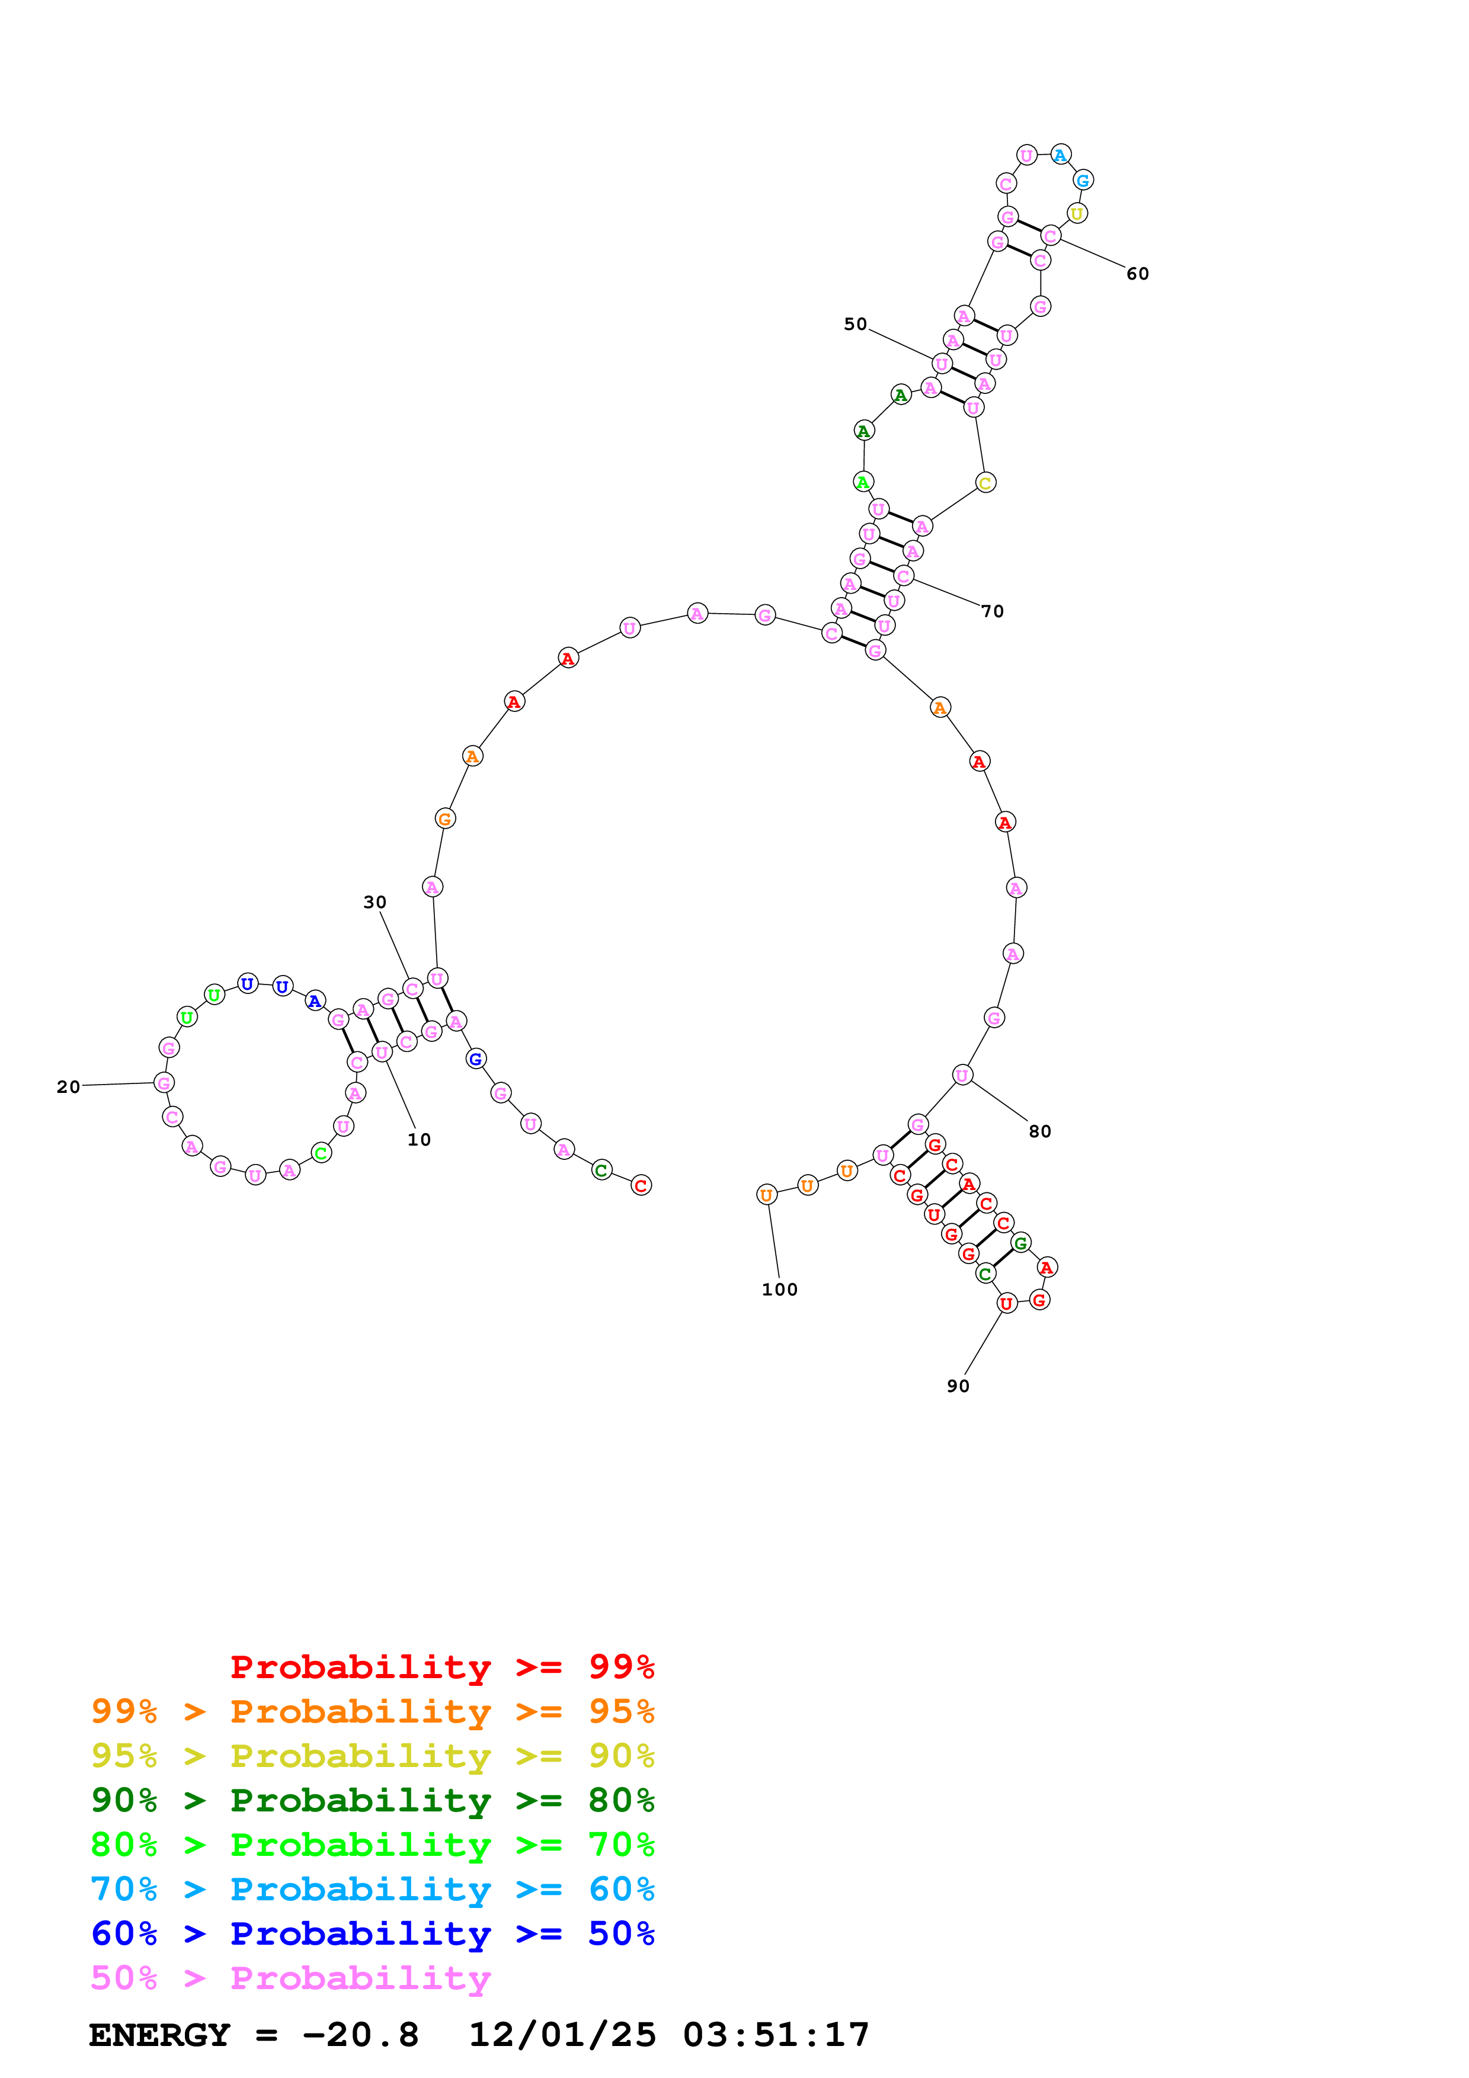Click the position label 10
[x=418, y=1140]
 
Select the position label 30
[x=375, y=902]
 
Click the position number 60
[x=1138, y=273]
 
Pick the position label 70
[x=993, y=611]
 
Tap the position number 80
[x=1040, y=1131]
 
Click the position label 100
[x=779, y=1290]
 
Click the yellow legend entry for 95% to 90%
[x=372, y=1756]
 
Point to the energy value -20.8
[x=360, y=2035]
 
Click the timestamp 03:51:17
[x=776, y=2035]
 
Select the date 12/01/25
[x=562, y=2035]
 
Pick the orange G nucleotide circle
[x=444, y=819]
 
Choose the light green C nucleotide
[x=321, y=1153]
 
